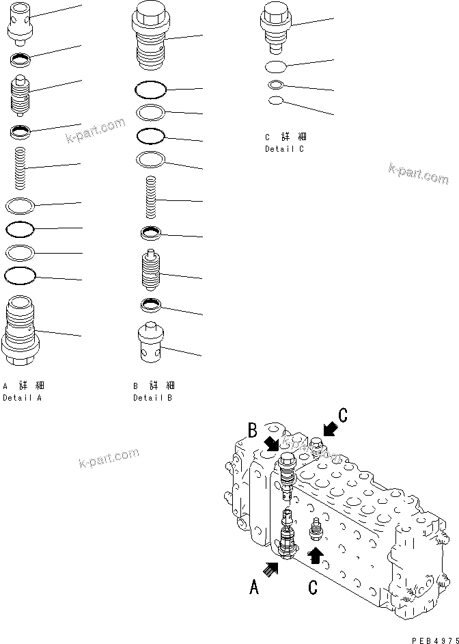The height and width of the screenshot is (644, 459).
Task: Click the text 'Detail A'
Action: click(x=22, y=397)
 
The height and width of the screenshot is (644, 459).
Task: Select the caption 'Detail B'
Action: click(x=152, y=397)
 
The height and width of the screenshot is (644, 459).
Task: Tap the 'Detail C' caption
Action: click(x=285, y=148)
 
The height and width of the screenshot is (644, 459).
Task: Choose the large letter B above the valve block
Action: click(x=253, y=431)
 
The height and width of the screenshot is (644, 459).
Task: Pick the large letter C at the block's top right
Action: click(x=343, y=415)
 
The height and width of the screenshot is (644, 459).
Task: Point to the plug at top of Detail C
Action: click(x=277, y=27)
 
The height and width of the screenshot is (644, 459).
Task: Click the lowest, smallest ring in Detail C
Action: click(x=276, y=101)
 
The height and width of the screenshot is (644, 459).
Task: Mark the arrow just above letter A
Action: click(x=272, y=566)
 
